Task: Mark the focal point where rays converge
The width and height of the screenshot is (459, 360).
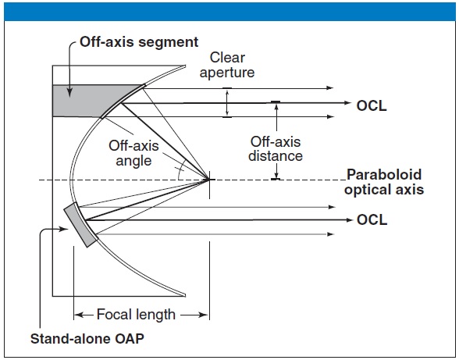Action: (x=209, y=180)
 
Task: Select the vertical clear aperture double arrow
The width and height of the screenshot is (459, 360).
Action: (x=226, y=102)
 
